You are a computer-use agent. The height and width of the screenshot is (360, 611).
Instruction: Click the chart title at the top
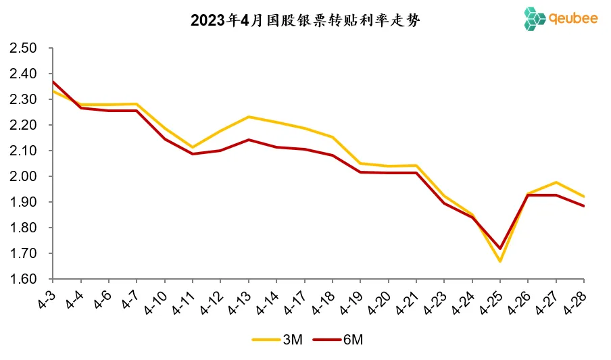click(305, 20)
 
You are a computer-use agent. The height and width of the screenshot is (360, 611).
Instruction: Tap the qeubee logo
click(560, 19)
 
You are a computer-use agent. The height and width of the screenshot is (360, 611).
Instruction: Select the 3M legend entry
click(277, 340)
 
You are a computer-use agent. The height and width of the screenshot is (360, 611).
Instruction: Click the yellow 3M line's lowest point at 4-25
click(500, 261)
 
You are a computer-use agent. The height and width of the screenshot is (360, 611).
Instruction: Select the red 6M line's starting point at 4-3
click(53, 82)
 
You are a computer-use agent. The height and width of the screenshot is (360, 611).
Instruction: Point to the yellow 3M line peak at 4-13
click(249, 117)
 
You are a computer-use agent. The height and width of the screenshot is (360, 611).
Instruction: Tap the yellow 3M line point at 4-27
click(556, 182)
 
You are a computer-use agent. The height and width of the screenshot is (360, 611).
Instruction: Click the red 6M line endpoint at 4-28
click(584, 206)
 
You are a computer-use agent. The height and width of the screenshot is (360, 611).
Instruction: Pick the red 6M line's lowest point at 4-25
click(500, 249)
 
